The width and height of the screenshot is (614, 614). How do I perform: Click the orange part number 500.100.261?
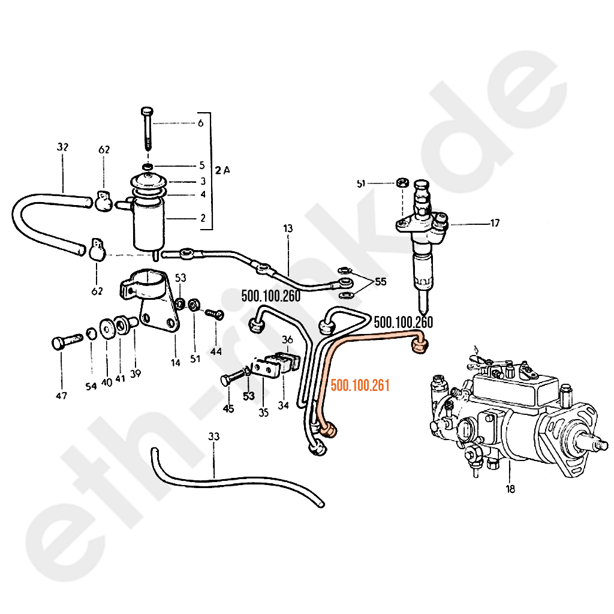[360, 386]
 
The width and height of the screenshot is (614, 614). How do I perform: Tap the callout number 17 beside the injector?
[495, 223]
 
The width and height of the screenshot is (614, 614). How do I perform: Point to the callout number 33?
[214, 437]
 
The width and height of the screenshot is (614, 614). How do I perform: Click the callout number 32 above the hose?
[62, 147]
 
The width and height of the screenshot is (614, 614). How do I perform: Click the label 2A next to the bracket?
[222, 170]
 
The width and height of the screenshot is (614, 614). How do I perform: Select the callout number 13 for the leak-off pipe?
[288, 228]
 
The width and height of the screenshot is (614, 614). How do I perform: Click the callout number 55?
[380, 281]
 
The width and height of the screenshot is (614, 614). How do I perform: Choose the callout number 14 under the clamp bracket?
[176, 363]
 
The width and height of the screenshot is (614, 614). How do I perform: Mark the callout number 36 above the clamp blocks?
[287, 339]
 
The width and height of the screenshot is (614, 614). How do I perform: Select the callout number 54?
[91, 387]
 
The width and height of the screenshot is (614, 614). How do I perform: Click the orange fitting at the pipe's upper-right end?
[420, 346]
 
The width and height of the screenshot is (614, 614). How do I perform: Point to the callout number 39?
[136, 374]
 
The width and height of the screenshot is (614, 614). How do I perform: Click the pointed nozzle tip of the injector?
[424, 311]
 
